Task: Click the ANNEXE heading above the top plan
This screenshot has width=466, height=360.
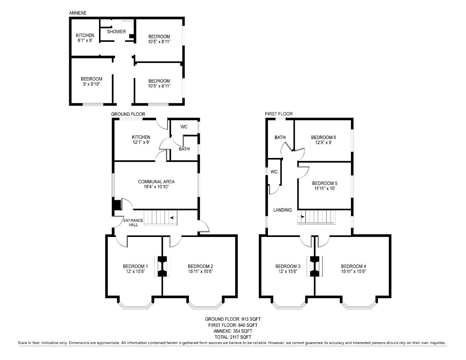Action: pos(78,13)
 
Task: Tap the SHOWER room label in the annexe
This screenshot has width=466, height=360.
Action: pos(116,32)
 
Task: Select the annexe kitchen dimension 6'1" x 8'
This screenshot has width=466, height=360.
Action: pos(85,40)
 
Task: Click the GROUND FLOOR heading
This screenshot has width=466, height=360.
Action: pos(128,114)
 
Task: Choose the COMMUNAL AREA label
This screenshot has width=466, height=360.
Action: pos(156,182)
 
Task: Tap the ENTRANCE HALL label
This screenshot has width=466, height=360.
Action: pos(133,222)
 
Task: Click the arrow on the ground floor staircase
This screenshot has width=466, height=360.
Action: pos(172,218)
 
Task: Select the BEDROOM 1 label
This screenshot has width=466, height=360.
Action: pos(135,266)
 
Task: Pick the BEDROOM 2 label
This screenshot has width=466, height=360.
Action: pos(200,266)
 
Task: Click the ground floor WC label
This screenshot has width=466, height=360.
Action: pos(184,127)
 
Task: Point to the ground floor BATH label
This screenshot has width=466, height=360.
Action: pos(184,149)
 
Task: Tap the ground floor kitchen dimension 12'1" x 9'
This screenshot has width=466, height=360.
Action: pos(141,142)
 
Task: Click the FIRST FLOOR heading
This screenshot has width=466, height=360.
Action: pos(279,114)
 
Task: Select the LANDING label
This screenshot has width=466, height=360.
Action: pos(283,210)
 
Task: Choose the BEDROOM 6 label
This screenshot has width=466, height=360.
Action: pos(323,137)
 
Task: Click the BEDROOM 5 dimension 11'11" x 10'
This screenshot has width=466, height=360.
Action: pos(325,189)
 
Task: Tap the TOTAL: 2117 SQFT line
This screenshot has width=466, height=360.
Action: pos(233,337)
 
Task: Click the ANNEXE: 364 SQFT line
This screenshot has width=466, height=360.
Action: pos(233,331)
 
